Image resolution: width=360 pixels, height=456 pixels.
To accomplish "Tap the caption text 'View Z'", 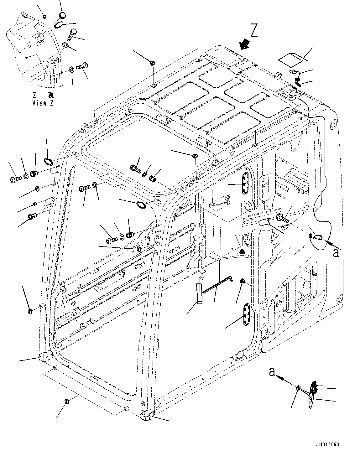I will (x=43, y=103).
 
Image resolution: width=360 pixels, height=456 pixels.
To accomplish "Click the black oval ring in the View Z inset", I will (x=59, y=25).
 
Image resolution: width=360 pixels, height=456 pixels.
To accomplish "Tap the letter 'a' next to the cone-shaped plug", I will (x=336, y=253).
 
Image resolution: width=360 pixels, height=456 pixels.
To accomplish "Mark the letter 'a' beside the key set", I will (x=272, y=372).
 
